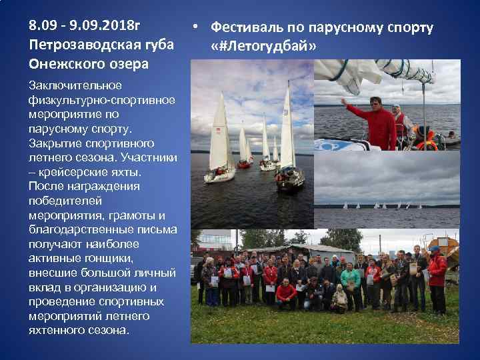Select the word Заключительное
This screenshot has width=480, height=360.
point(75,85)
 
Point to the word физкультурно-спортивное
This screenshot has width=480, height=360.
point(101,100)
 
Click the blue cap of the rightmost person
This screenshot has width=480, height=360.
point(435,249)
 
